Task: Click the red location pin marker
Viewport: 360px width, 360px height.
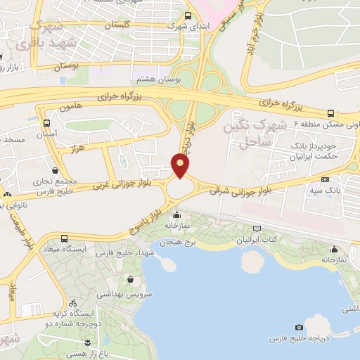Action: pos(180,165)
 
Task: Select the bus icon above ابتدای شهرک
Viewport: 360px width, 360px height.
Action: pos(188,15)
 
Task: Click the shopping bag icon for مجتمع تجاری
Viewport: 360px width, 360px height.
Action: pos(56,170)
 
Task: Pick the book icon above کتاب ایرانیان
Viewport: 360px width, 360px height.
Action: pos(257,229)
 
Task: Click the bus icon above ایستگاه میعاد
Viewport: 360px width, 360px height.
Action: pos(65,238)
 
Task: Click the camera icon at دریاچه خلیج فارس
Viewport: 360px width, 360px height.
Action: pos(300,328)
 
